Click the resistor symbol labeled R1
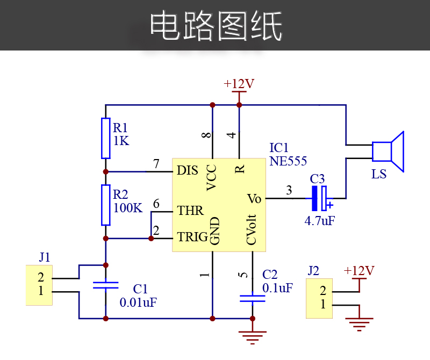point(106,138)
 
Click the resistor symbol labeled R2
point(106,205)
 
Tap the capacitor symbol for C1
point(105,285)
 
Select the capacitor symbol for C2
point(252,298)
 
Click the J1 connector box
point(39,285)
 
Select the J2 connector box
point(320,298)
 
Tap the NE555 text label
point(288,160)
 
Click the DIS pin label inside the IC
point(188,171)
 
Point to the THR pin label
point(191,211)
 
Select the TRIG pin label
point(192,237)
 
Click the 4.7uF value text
point(320,220)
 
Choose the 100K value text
point(128,208)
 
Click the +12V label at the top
point(239,84)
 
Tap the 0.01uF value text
point(138,302)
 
